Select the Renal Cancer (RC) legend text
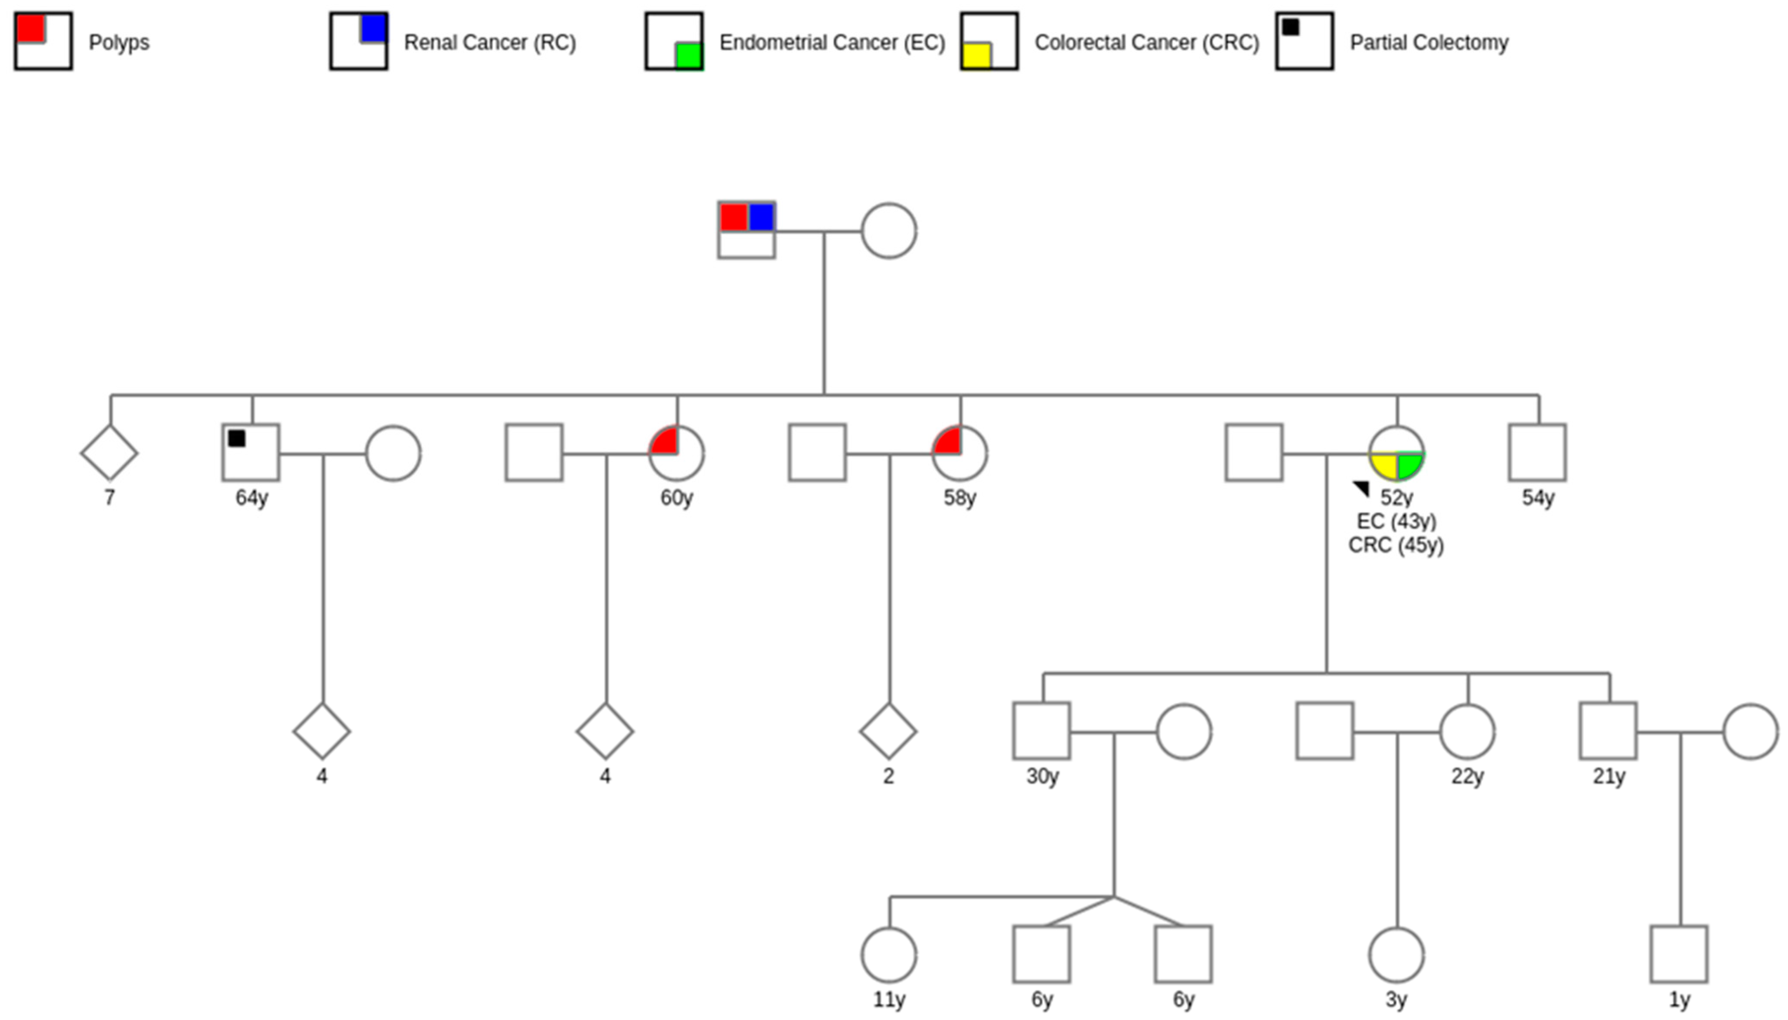point(489,43)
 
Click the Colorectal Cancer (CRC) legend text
point(1146,43)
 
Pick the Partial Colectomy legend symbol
point(1304,41)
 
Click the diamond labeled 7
point(109,453)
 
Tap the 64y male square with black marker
point(251,453)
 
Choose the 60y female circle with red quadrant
point(676,453)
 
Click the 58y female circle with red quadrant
point(959,453)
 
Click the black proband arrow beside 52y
point(1361,487)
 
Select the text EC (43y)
point(1396,521)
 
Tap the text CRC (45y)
point(1396,545)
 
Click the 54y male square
point(1538,453)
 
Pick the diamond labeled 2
point(888,731)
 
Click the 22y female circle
point(1467,731)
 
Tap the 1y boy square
point(1679,954)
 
